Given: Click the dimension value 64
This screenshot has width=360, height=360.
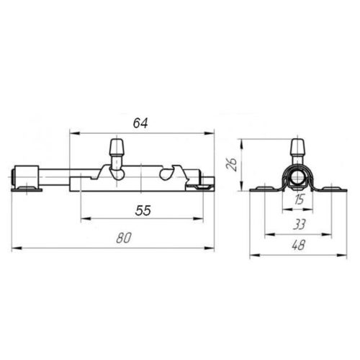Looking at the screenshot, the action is (x=140, y=123).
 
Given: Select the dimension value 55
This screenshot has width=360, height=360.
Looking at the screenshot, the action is (x=143, y=210).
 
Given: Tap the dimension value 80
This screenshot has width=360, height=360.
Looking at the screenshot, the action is (x=124, y=238).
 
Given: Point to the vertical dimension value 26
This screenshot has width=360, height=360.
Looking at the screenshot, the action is (x=233, y=164).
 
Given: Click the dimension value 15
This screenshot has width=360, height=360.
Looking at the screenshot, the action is (x=299, y=199).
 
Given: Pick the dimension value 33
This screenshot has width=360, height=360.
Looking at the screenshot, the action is (x=300, y=225).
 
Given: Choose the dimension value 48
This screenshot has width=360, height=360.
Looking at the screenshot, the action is (x=299, y=246).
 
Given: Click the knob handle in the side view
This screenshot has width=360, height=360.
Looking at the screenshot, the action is (x=117, y=147).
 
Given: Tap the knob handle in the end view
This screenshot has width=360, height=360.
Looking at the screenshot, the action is (x=298, y=147).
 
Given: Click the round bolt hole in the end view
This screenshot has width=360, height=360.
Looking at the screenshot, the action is (x=298, y=178).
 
